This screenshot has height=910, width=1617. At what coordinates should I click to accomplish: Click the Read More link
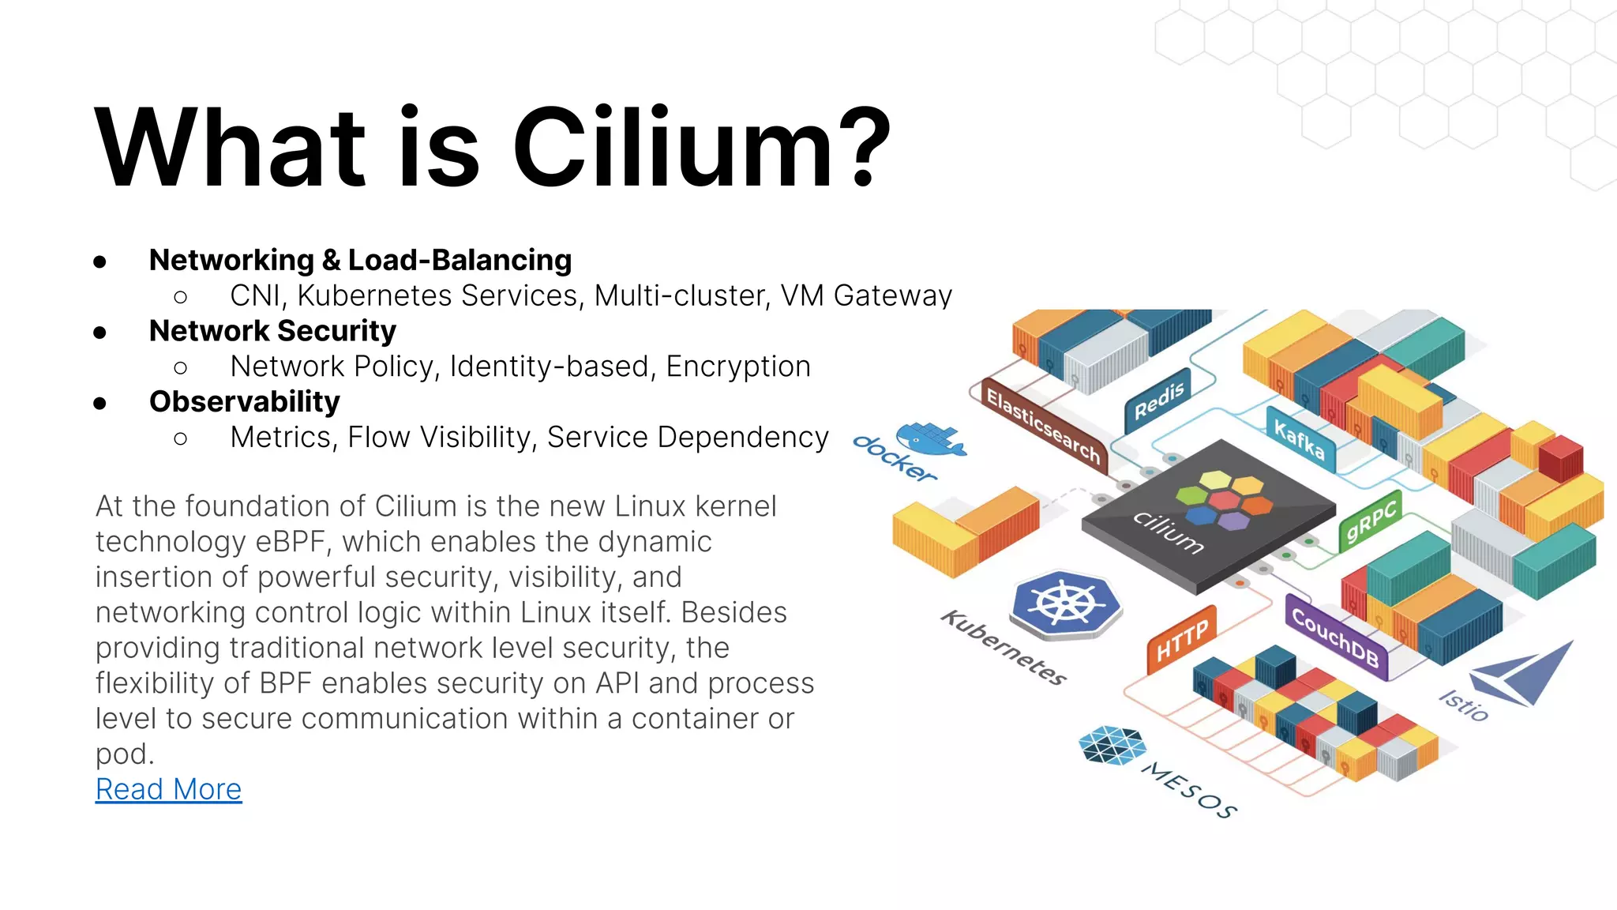point(168,789)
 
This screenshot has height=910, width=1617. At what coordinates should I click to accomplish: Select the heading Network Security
point(272,331)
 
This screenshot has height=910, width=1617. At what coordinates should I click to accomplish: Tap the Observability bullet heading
point(245,402)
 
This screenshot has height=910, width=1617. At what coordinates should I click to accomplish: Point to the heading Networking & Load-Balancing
point(360,260)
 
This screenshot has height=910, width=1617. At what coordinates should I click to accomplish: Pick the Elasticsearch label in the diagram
point(1042,427)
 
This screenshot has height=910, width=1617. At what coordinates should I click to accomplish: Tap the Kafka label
point(1300,439)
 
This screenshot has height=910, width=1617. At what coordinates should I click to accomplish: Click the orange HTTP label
point(1182,640)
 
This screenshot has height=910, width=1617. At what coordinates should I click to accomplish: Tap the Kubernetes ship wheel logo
point(1066,604)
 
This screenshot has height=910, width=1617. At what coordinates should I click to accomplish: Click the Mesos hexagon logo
point(1112,746)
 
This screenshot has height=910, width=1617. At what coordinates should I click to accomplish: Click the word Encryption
point(738,367)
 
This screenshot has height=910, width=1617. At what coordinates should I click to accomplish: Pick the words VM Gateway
point(866,295)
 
